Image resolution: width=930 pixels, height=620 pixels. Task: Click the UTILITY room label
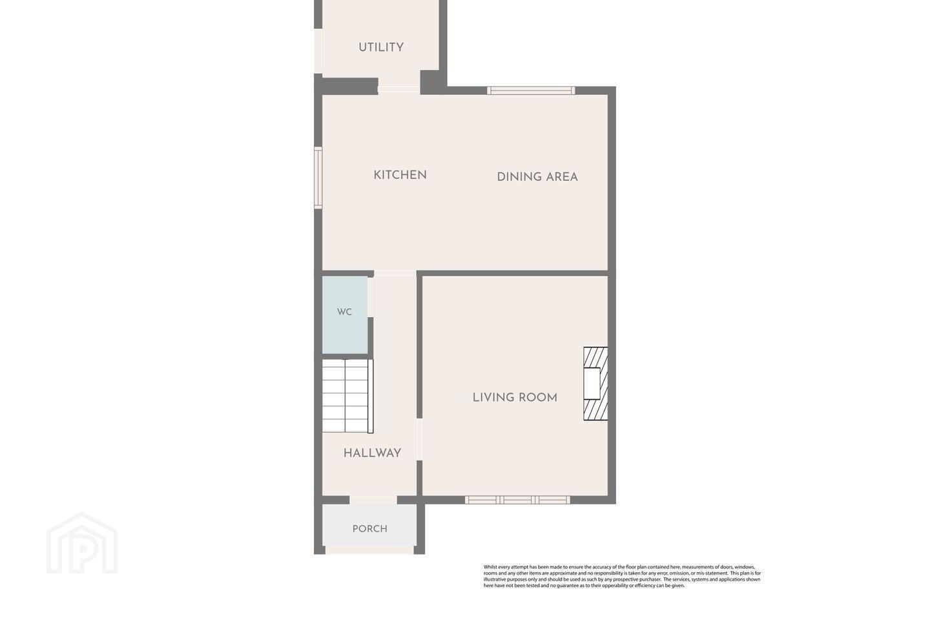[x=381, y=47]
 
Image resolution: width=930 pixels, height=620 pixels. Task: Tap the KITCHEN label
[x=400, y=175]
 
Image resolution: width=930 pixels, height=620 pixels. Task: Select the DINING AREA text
[x=537, y=177]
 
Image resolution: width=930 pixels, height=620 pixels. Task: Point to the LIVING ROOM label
[x=515, y=397]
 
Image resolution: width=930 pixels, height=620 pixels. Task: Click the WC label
[x=345, y=312]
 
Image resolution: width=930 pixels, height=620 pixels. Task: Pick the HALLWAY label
[x=372, y=453]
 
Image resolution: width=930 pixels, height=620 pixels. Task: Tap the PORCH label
[x=369, y=529]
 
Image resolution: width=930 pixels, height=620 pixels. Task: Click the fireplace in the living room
[x=595, y=384]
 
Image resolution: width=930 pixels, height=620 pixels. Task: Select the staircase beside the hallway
[x=347, y=396]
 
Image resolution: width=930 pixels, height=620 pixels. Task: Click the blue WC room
[x=345, y=315]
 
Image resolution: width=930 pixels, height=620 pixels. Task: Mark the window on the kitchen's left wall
[x=318, y=178]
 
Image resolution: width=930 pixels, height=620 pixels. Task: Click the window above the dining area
[x=531, y=90]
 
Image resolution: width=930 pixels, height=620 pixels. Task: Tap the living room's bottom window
[x=517, y=500]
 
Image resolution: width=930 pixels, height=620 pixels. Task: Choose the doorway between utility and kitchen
[x=399, y=89]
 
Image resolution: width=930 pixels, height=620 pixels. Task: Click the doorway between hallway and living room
[x=419, y=439]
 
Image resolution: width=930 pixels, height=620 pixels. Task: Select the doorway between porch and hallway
[x=373, y=500]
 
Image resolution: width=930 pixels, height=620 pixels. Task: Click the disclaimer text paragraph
[x=622, y=576]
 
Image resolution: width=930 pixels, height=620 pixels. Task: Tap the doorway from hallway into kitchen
[x=395, y=273]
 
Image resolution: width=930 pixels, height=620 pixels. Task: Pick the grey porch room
[x=369, y=525]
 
